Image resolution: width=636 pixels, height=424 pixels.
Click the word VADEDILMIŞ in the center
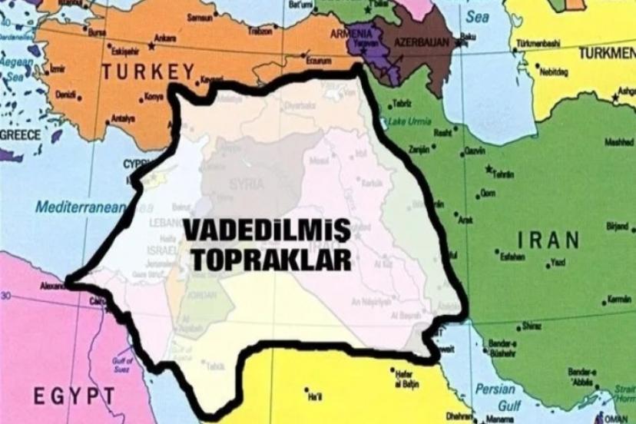(x=265, y=230)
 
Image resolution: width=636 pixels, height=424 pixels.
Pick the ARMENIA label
(x=350, y=35)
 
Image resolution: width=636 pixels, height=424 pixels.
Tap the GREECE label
(x=20, y=134)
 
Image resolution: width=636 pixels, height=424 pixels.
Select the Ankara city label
(x=165, y=38)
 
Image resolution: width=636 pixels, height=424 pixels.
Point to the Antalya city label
(x=123, y=119)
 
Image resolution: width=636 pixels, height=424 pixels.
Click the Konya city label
(x=154, y=98)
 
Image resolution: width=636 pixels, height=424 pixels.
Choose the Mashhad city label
(x=619, y=143)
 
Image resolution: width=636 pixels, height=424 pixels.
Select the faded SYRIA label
(x=247, y=184)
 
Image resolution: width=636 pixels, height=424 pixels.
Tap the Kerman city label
(x=618, y=298)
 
